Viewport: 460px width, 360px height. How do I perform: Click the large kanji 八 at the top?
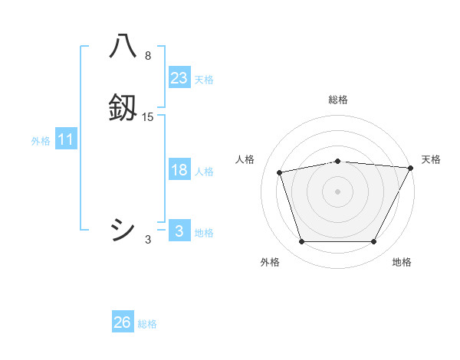point(123,47)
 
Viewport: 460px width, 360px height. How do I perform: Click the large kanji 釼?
point(123,108)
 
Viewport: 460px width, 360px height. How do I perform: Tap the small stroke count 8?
point(148,56)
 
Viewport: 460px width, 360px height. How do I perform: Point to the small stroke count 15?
point(148,117)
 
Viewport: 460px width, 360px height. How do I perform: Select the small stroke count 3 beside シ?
point(148,240)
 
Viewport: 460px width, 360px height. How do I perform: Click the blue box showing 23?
point(179,78)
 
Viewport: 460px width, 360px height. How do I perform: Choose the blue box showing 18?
point(179,170)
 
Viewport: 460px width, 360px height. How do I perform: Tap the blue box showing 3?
point(179,231)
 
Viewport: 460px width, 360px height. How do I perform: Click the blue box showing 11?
point(66,139)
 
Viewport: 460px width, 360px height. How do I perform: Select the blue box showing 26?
point(122,322)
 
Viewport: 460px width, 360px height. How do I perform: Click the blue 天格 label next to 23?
point(204,80)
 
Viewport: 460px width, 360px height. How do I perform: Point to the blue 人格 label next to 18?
point(204,172)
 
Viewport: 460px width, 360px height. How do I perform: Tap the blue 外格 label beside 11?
point(41,141)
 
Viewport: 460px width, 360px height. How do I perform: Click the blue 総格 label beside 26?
point(147,324)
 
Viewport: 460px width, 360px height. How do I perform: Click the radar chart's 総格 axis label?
point(338,100)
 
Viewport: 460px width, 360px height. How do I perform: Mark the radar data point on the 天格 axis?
point(411,168)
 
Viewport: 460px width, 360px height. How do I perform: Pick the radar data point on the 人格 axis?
point(279,172)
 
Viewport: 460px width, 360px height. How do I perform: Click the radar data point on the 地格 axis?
point(373,241)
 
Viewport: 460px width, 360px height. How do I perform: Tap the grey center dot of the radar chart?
point(338,191)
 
